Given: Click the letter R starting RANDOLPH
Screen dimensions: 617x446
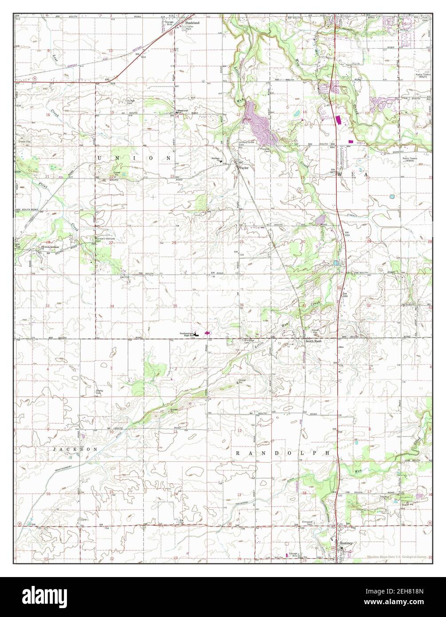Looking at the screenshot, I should coord(238,453).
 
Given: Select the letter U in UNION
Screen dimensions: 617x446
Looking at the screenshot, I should coord(98,158).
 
